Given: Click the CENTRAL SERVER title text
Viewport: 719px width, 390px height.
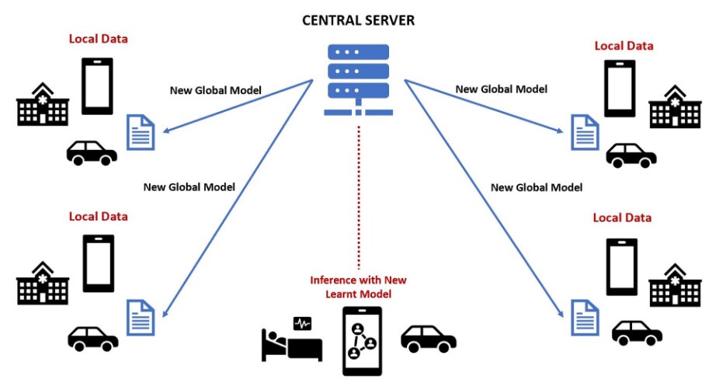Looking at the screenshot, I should [358, 20].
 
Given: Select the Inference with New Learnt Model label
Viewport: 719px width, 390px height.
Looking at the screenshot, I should [358, 287].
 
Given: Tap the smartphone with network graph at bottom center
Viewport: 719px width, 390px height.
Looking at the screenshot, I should [362, 341].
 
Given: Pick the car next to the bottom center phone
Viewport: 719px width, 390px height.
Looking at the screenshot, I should [428, 340].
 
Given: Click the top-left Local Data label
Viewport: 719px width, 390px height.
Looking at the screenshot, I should [98, 38].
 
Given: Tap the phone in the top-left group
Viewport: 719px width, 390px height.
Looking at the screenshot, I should [97, 86].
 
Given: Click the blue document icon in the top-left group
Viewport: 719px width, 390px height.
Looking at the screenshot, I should [141, 132].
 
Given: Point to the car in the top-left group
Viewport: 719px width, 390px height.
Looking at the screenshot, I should [92, 152].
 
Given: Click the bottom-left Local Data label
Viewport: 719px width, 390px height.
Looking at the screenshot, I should [98, 216].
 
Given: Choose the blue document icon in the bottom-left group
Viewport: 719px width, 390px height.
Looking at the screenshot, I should [141, 317].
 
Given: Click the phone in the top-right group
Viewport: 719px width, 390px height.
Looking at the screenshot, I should [620, 89].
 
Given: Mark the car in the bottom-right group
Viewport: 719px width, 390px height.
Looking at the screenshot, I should [637, 332].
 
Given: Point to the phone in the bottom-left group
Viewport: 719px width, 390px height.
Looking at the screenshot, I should [97, 263].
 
